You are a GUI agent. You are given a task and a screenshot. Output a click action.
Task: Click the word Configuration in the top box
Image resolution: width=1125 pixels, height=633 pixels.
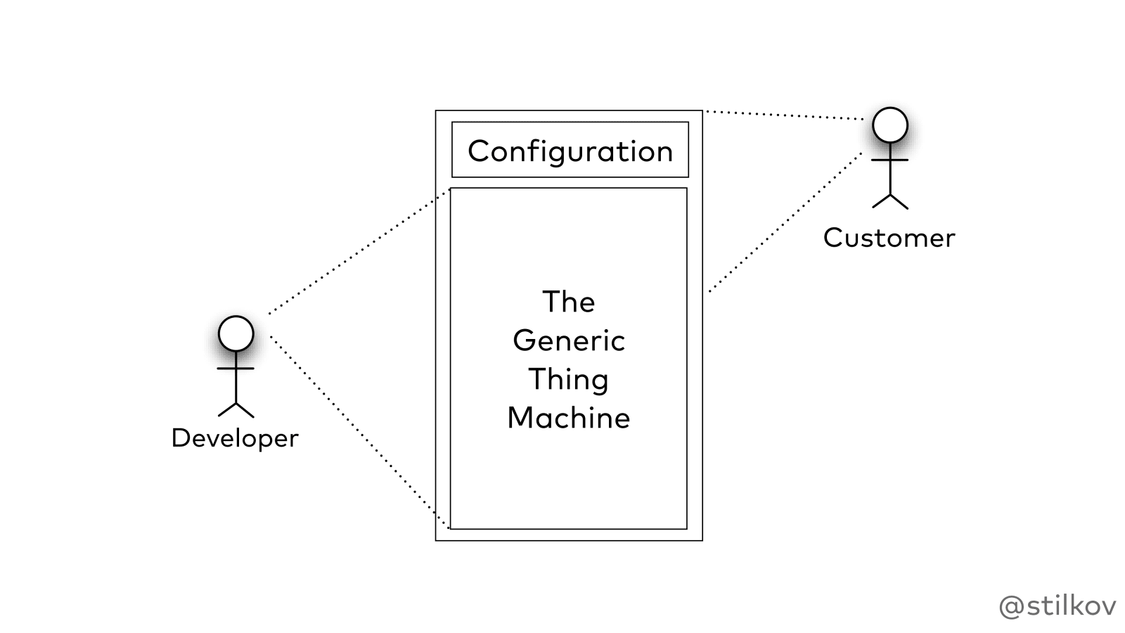coord(570,151)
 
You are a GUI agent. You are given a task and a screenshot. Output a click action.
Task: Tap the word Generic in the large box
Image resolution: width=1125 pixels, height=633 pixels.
coord(568,341)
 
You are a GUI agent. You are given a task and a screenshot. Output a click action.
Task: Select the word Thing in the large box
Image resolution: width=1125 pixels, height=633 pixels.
coord(568,380)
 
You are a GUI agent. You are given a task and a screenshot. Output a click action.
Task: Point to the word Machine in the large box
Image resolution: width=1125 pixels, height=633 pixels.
coord(568,418)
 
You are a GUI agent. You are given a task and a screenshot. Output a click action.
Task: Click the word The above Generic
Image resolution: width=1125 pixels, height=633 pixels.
coord(568,302)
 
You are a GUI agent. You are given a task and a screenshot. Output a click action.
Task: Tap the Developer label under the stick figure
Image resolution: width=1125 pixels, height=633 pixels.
coord(235,438)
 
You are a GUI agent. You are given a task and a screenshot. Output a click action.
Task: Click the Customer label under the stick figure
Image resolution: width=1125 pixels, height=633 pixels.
coord(889,238)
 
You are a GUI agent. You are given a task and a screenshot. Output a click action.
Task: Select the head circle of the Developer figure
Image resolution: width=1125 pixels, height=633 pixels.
coord(236,333)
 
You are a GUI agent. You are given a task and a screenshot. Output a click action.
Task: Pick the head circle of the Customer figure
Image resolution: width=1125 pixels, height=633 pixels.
coord(890,125)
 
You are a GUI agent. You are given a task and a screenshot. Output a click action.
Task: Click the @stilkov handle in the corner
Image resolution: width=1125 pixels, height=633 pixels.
coord(1057,606)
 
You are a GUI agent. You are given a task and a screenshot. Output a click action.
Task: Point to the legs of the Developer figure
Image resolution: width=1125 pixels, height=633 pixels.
coord(236,409)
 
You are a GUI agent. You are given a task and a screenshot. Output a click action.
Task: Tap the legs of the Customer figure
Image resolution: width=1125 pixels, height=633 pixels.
coord(890,201)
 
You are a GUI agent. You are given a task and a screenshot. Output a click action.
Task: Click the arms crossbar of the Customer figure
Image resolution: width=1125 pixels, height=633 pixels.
coord(890,160)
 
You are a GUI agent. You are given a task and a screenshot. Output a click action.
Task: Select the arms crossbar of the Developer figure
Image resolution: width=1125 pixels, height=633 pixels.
coord(236,368)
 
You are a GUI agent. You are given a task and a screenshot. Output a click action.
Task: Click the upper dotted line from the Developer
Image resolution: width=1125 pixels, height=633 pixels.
coord(359,252)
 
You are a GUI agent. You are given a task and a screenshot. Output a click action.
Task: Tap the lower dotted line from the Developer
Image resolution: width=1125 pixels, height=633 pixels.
coord(359,430)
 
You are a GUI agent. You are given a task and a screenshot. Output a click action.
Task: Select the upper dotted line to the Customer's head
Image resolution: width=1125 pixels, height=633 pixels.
coord(784,115)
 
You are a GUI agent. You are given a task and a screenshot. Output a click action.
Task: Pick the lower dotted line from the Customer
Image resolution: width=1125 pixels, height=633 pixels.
coord(784,222)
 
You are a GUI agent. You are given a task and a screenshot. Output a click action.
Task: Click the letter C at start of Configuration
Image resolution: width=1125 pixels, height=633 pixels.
coord(477,151)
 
